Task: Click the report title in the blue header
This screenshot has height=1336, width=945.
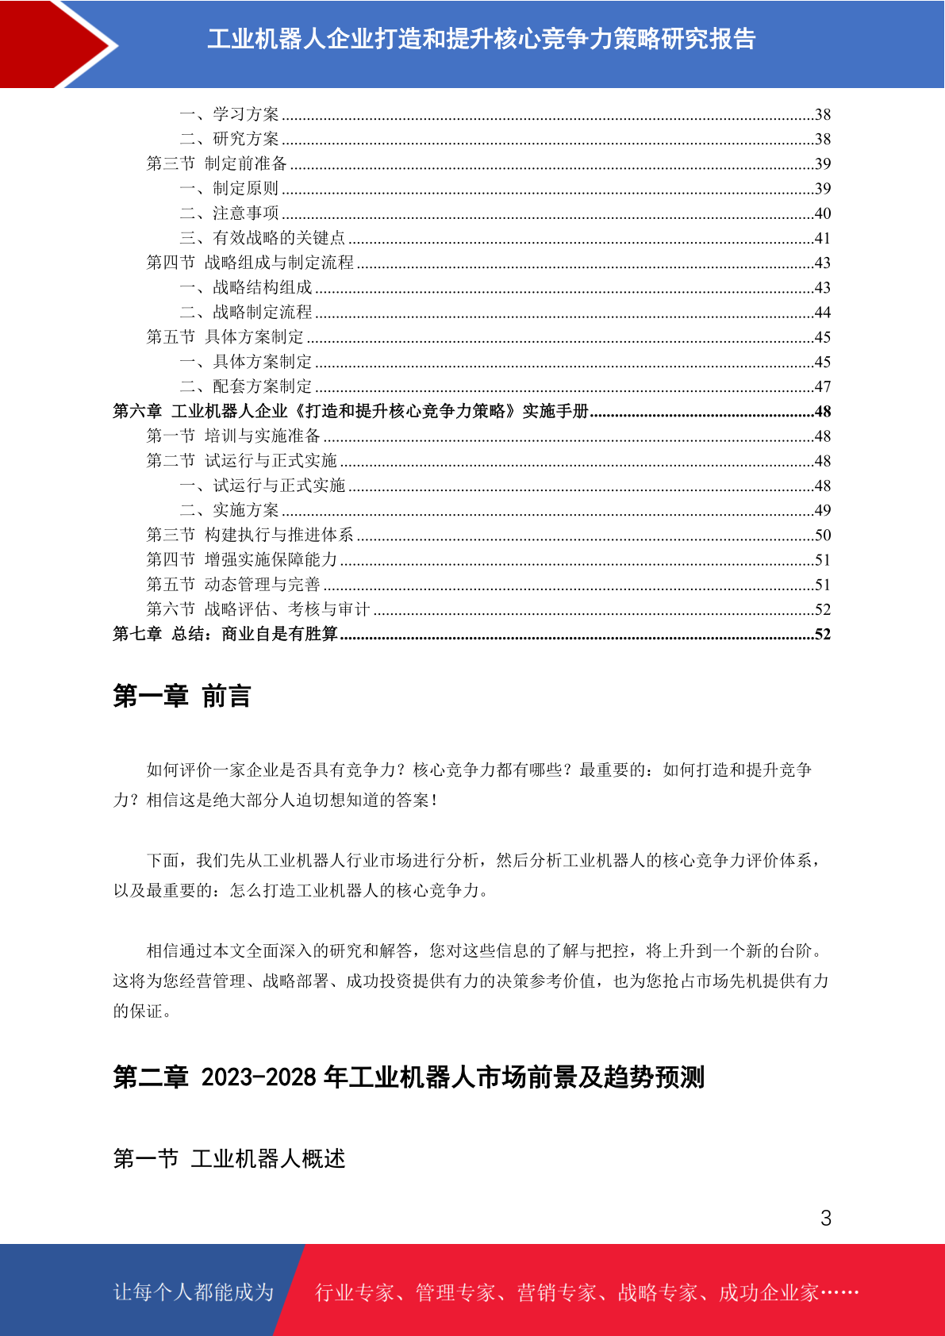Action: coord(481,39)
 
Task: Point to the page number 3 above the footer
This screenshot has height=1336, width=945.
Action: coord(825,1218)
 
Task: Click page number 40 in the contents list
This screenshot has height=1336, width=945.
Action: coord(822,213)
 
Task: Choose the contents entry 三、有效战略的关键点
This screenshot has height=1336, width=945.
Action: coord(263,238)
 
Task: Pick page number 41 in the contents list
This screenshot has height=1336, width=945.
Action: coord(822,238)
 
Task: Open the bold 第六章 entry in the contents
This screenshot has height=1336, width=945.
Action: coord(350,411)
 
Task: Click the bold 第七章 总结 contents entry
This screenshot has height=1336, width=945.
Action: coord(225,634)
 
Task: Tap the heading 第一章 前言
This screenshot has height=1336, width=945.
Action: coord(182,696)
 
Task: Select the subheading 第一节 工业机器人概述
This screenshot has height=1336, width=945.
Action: coord(229,1159)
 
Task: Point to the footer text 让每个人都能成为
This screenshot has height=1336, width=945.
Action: coord(194,1292)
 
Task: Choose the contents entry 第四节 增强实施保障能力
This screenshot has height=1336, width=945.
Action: coord(242,560)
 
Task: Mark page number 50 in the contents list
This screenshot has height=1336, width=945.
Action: coord(822,536)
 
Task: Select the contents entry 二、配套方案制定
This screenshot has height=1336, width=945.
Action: coord(246,386)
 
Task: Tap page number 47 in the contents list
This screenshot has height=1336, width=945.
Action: coord(822,386)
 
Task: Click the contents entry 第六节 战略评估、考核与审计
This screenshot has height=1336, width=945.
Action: coord(259,609)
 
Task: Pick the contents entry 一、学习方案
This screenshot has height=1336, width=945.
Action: coord(229,114)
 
